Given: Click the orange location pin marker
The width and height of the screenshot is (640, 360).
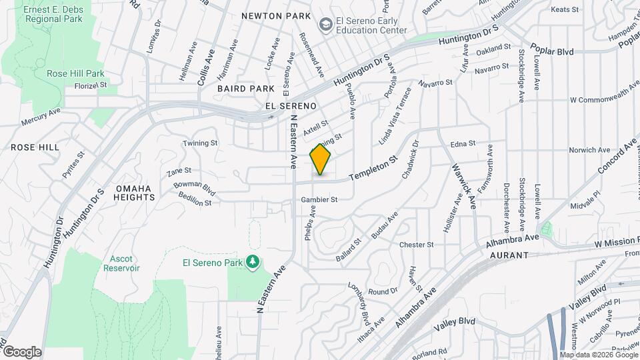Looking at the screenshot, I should [x=321, y=159].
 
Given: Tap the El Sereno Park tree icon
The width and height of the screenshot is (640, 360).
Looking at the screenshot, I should [x=252, y=262].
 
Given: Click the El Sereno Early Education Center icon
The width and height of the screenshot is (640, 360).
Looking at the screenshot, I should [x=325, y=25].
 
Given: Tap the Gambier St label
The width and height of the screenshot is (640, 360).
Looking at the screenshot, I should [x=319, y=199].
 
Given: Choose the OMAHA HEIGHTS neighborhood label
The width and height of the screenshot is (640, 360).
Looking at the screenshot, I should [x=134, y=192].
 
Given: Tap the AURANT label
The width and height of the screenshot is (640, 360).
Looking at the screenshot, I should [x=509, y=255].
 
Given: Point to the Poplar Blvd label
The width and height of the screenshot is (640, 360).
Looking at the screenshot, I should [x=552, y=49].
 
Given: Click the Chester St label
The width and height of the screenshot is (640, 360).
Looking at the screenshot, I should [x=417, y=245].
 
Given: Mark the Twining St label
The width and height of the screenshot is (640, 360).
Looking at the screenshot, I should [x=201, y=143].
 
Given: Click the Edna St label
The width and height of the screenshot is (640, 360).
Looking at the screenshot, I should [x=463, y=143].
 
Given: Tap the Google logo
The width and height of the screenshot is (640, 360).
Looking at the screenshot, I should [x=22, y=351].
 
